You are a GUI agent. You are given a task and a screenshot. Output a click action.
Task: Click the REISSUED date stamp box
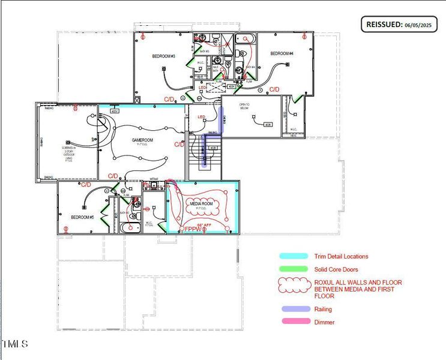(x=397, y=25)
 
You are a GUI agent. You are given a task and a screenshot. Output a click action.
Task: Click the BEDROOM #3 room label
(x=163, y=56)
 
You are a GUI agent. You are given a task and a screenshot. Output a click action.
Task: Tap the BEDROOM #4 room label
(x=282, y=54)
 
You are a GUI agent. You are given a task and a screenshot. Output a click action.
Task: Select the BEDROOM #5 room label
(x=83, y=217)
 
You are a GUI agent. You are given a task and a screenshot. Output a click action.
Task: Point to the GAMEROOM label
(x=143, y=140)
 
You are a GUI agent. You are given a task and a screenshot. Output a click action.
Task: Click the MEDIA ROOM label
(x=202, y=204)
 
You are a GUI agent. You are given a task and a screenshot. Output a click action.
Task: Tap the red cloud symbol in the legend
(x=294, y=286)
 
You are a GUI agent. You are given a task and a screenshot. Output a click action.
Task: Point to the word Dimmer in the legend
(x=324, y=322)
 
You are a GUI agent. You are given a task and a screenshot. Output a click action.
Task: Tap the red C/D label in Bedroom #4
(x=274, y=89)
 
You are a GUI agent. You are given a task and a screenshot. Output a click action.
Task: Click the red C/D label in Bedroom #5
(x=86, y=185)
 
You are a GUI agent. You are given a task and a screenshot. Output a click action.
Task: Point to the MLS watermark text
(x=14, y=344)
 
